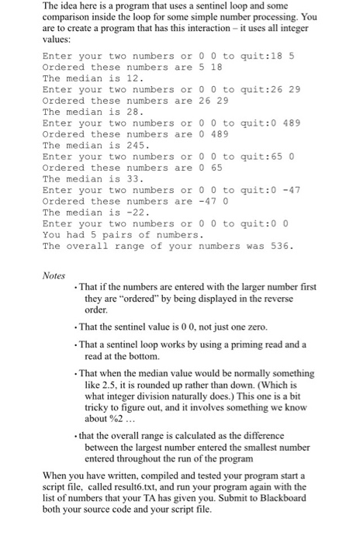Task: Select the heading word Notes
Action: tap(55, 274)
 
